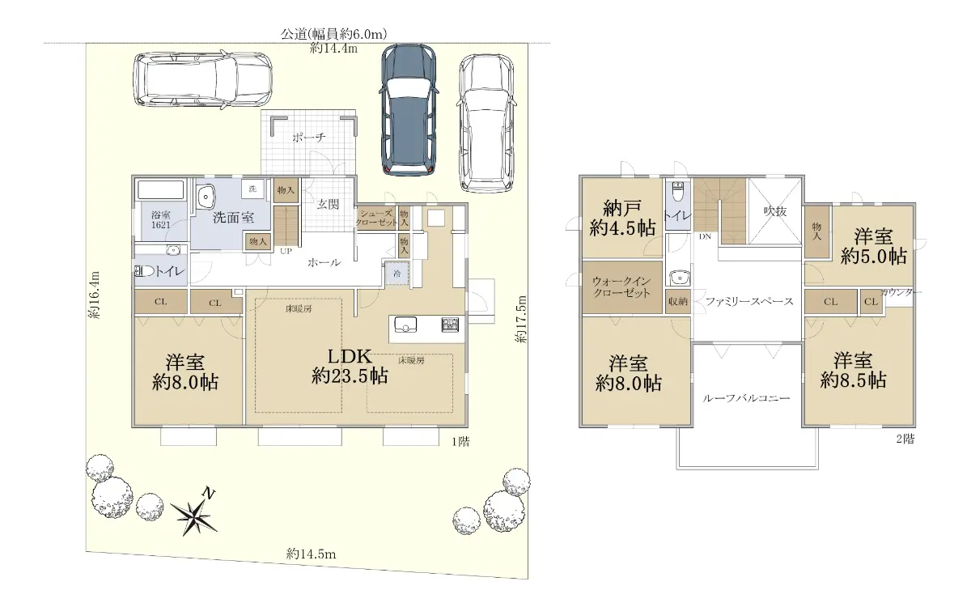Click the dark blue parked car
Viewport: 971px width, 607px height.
(x=409, y=110)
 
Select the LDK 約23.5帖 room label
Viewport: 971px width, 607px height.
(x=350, y=367)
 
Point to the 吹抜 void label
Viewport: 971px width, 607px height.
(x=775, y=211)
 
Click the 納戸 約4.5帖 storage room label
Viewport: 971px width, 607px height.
(x=622, y=218)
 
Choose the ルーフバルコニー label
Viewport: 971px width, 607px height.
(x=746, y=397)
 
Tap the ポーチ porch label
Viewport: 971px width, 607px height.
(x=308, y=138)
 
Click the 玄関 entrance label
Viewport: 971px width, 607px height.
(x=328, y=204)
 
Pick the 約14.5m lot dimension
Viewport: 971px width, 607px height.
(x=311, y=554)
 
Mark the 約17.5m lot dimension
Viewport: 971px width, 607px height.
(x=521, y=319)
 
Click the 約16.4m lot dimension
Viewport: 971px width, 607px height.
(x=94, y=295)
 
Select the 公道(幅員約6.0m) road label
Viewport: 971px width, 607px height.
(x=333, y=34)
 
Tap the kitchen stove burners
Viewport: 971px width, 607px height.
(x=450, y=325)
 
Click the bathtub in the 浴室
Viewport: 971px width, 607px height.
(x=161, y=190)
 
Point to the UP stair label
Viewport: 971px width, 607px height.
(x=286, y=251)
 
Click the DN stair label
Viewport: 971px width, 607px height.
(x=705, y=236)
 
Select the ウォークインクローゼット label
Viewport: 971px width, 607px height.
(x=621, y=287)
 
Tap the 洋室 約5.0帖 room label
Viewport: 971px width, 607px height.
(x=873, y=246)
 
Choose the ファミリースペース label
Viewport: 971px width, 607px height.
(x=749, y=301)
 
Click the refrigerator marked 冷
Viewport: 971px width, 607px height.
(x=397, y=274)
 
